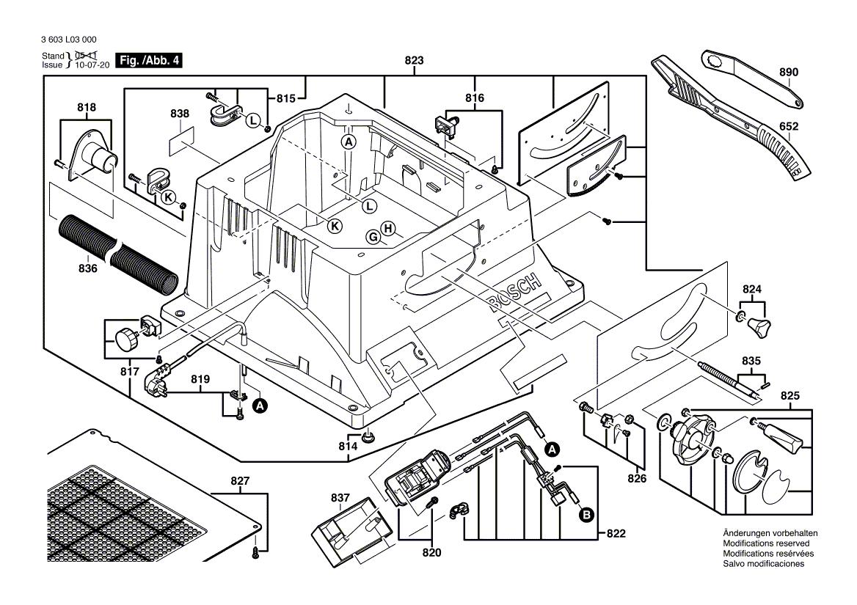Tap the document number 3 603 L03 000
[70, 40]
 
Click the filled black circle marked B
[586, 516]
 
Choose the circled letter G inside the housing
[373, 237]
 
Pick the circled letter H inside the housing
[388, 227]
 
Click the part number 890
[789, 73]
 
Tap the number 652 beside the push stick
[789, 126]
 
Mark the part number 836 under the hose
[87, 269]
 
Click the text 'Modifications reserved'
[764, 543]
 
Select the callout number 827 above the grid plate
[240, 482]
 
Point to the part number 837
[340, 498]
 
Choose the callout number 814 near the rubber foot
[348, 446]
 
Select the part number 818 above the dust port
[87, 107]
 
